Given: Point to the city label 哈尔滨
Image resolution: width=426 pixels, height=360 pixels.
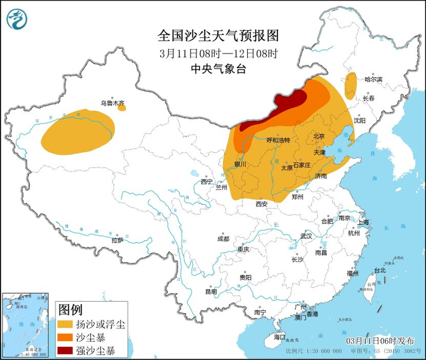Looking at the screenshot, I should click(x=373, y=80).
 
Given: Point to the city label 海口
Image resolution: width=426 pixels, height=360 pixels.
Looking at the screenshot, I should click(x=279, y=336).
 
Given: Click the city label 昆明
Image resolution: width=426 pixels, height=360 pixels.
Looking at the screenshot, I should click(x=211, y=292).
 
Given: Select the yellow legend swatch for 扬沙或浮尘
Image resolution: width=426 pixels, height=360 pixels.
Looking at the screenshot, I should click(x=67, y=324).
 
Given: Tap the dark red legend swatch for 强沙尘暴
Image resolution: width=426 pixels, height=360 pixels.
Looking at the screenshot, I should click(x=67, y=350).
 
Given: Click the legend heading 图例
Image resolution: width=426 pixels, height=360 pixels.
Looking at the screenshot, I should click(x=70, y=310).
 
